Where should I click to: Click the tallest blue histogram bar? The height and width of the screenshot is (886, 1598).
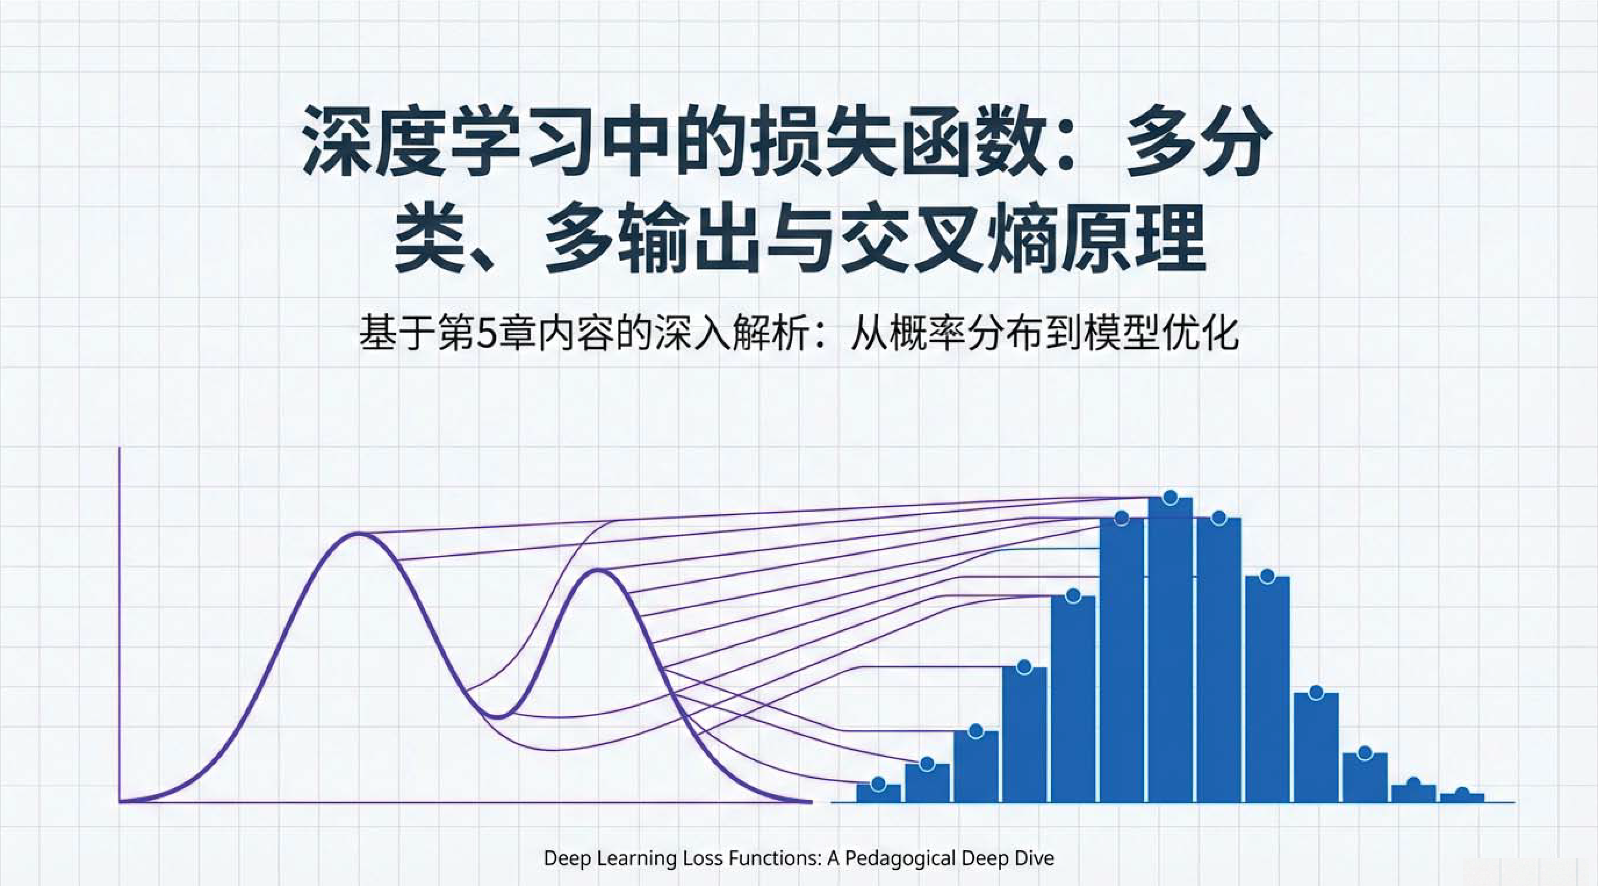pos(1170,652)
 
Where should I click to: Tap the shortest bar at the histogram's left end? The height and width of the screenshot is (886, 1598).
pos(879,793)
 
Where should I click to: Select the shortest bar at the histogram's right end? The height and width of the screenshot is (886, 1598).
pos(1462,798)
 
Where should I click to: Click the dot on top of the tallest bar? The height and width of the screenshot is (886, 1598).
pos(1171,497)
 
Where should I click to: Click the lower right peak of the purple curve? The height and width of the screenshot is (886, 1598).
pos(597,570)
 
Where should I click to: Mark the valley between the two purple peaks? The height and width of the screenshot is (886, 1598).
pos(498,717)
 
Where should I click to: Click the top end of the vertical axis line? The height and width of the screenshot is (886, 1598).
pos(119,448)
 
